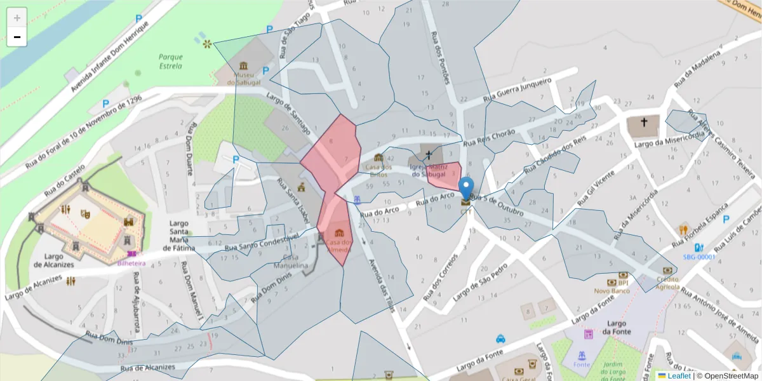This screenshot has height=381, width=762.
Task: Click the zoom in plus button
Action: click(17, 18)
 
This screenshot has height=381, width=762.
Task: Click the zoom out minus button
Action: click(17, 37)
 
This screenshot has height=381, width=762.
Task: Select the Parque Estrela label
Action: click(170, 61)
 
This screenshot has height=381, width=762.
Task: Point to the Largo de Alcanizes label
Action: click(54, 260)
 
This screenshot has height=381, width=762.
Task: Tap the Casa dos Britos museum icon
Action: click(378, 157)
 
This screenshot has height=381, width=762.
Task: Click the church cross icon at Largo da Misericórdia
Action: click(644, 123)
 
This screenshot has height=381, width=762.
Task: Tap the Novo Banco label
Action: click(612, 290)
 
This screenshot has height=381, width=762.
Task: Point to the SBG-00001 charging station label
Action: click(698, 257)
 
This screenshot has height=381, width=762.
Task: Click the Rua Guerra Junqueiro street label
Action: click(517, 91)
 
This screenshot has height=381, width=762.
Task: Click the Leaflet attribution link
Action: click(679, 376)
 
